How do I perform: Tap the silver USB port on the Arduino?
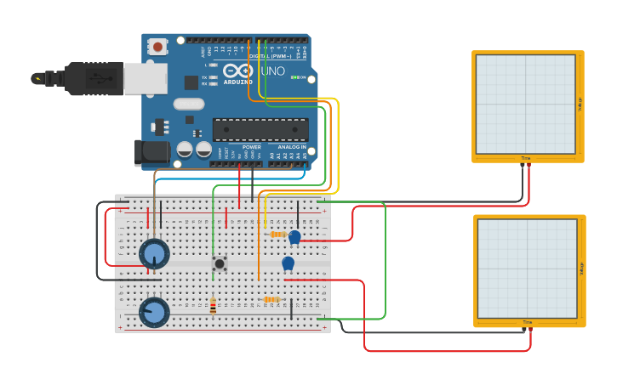145,78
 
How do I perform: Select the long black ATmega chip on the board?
260,129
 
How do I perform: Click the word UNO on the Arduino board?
272,71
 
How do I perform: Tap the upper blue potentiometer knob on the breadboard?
154,252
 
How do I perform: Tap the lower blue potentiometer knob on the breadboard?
155,311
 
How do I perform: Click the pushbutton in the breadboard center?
220,263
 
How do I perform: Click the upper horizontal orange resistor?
277,235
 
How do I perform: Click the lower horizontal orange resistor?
271,299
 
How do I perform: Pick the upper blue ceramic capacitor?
294,237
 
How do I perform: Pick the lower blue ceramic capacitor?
288,263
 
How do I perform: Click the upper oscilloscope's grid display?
526,104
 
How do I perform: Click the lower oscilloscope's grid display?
527,268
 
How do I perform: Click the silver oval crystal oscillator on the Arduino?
189,104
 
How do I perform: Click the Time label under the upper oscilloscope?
526,158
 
